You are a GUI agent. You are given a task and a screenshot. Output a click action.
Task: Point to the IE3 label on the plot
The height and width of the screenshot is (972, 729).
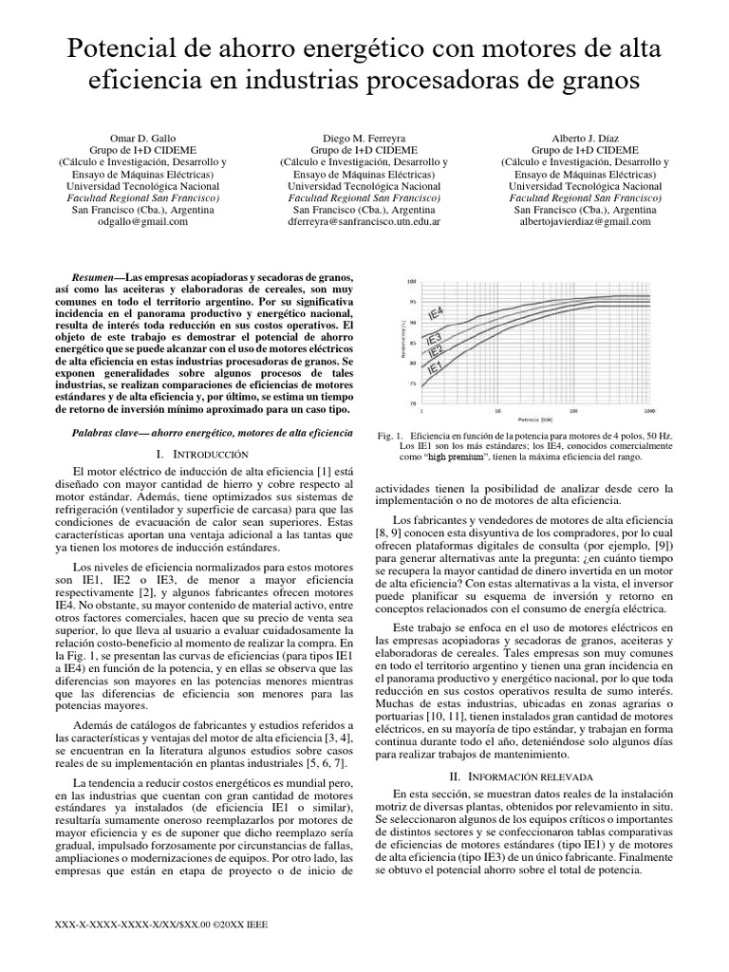tap(434, 338)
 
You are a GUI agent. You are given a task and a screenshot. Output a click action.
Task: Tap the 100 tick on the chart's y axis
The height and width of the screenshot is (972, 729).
tap(411, 282)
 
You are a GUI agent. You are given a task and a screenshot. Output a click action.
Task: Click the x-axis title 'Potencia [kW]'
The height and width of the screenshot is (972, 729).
tap(537, 419)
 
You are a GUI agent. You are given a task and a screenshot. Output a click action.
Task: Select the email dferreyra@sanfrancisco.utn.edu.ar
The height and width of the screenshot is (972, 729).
tap(364, 221)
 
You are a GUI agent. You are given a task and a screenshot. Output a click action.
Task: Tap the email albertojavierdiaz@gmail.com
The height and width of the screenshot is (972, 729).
tap(585, 221)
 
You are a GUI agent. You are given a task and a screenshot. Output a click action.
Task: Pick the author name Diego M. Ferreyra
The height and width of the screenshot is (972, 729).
tap(364, 136)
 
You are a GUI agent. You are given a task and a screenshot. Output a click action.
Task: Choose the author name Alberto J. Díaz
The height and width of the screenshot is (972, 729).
tap(585, 136)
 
